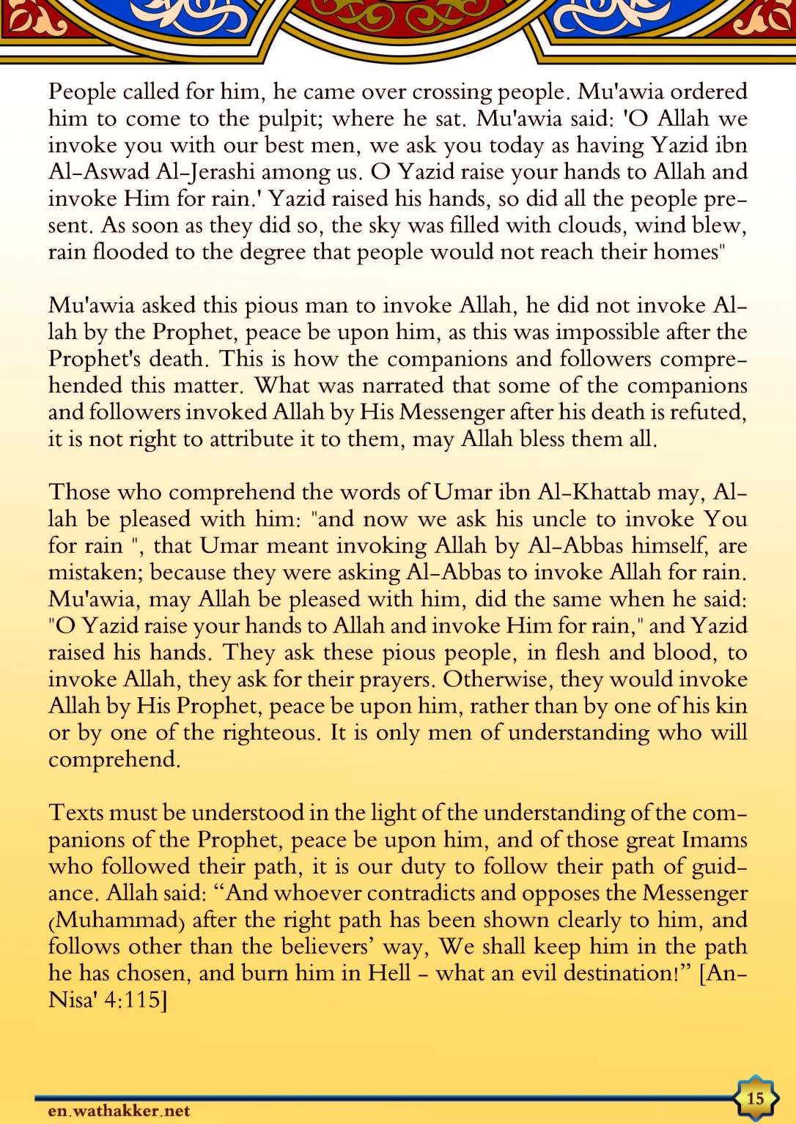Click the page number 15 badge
coord(755,1098)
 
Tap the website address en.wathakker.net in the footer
coord(119,1111)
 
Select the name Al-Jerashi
coord(204,172)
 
